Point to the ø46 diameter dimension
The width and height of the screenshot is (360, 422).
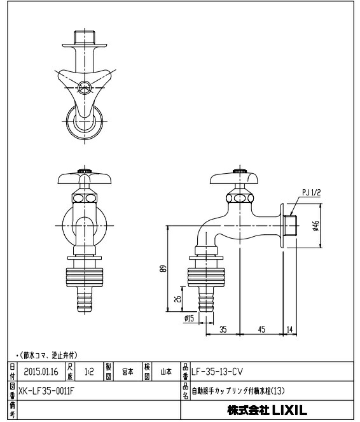tap(315, 225)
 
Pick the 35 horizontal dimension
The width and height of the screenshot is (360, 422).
tap(223, 329)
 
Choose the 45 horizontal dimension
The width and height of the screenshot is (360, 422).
tap(261, 329)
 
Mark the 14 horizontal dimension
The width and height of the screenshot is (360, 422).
tap(290, 329)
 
